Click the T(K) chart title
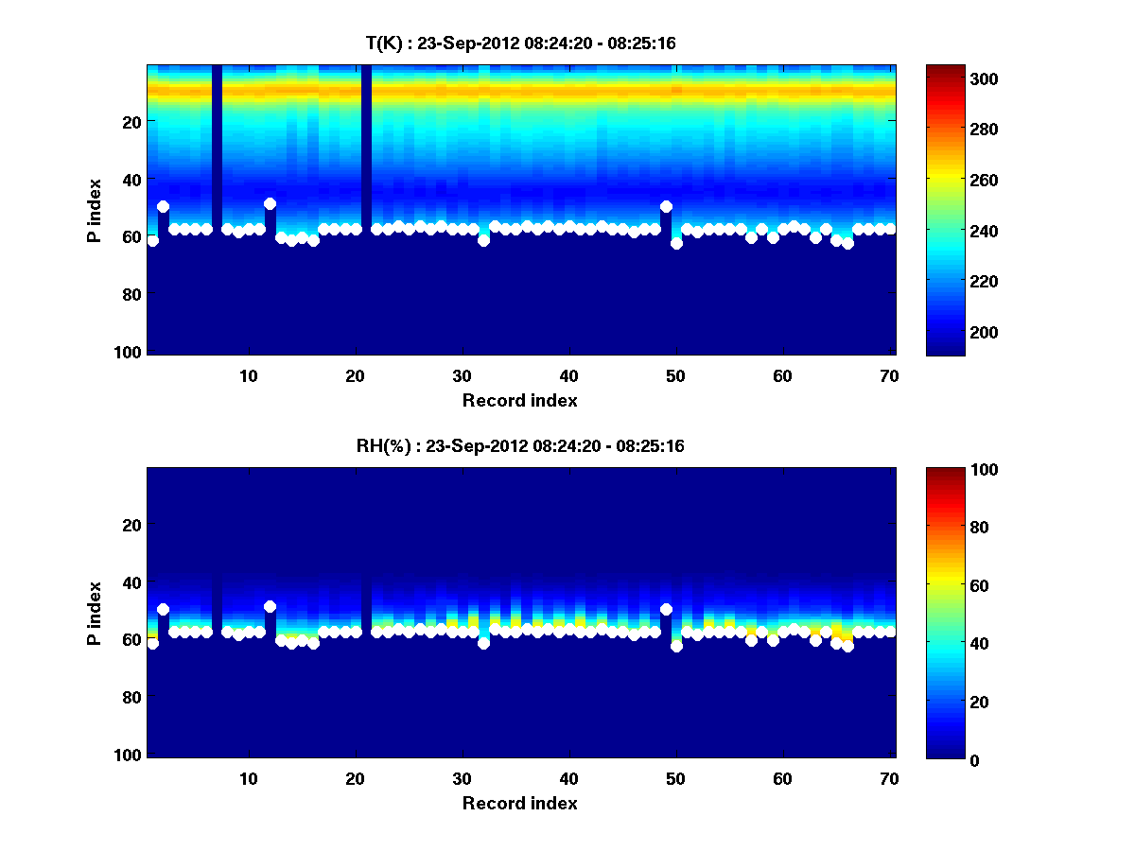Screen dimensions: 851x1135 point(519,43)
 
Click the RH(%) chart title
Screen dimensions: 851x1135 point(519,445)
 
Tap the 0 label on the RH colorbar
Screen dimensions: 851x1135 point(941,759)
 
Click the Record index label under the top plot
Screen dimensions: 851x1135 point(519,400)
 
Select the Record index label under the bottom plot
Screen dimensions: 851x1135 point(519,803)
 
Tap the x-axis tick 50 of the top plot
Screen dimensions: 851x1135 point(675,375)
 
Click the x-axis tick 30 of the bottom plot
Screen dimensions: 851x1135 point(462,778)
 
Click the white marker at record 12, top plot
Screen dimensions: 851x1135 point(270,203)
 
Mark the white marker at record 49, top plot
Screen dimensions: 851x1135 point(666,206)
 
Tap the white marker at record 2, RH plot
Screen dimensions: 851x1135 point(163,610)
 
